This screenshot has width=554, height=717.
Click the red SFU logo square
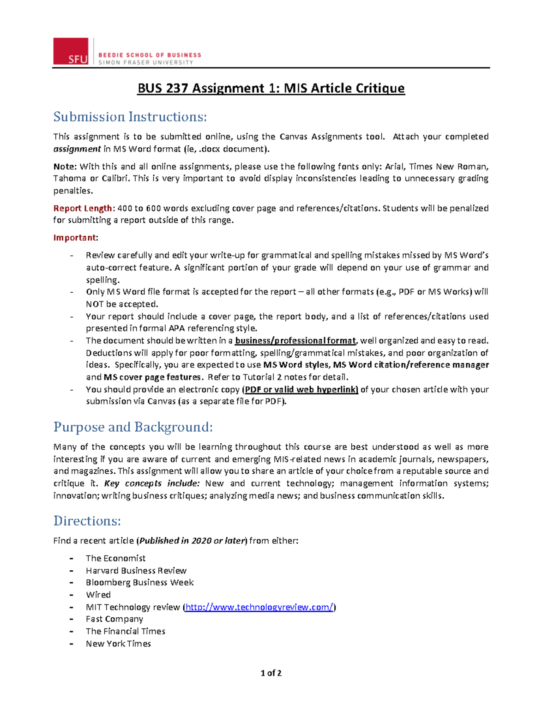pos(71,51)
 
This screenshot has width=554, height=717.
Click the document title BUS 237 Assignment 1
pos(271,88)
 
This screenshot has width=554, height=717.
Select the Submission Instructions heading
pos(130,117)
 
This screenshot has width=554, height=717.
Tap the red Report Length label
pos(84,208)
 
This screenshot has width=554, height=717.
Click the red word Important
pos(75,238)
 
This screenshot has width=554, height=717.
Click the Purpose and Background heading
pos(133,427)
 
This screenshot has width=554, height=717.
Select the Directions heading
pos(87,521)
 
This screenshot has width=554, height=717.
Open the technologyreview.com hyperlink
pos(259,607)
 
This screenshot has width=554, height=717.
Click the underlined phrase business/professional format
pos(295,341)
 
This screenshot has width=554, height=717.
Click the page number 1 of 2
pos(271,673)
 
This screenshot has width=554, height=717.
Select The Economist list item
pos(115,558)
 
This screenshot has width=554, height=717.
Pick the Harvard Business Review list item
pos(136,571)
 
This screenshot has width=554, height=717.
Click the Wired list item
pos(98,595)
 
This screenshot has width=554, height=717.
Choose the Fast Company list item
pos(114,619)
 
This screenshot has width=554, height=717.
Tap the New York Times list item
pos(118,644)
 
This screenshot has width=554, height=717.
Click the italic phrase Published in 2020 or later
pos(193,541)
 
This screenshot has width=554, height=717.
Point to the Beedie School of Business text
pos(150,55)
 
